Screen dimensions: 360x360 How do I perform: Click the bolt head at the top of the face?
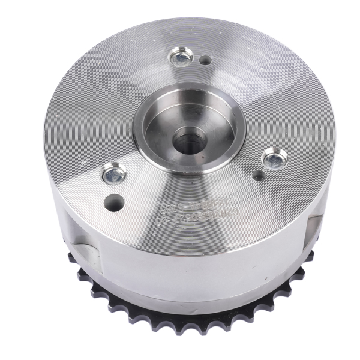coord(179,59)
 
